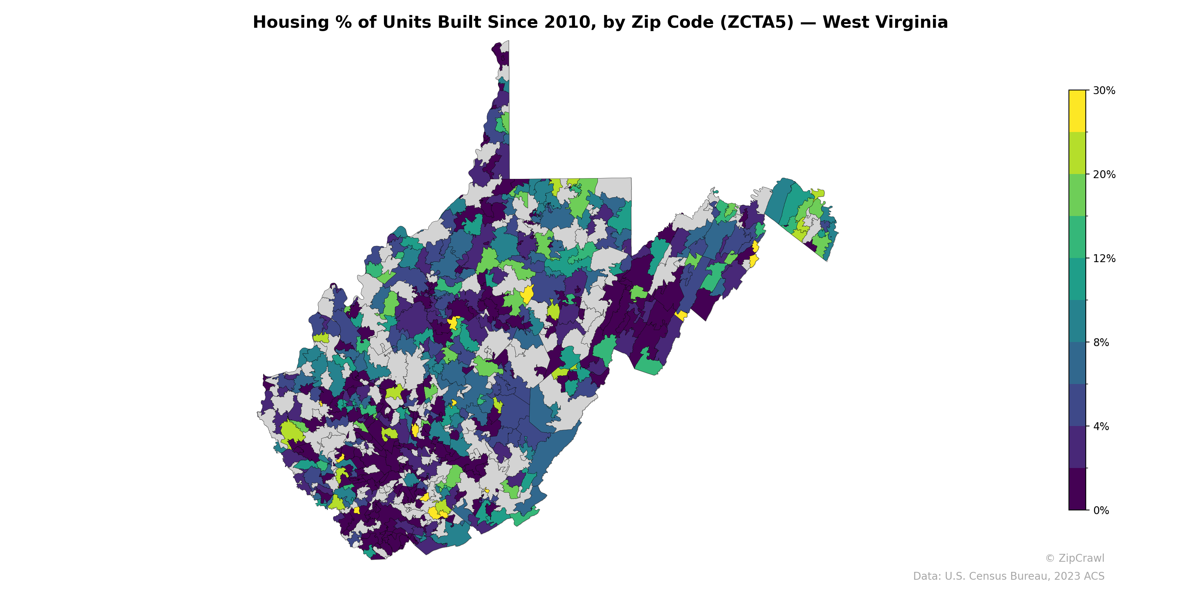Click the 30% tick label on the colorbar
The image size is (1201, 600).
coord(1103,91)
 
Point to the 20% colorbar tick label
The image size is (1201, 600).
coord(1103,175)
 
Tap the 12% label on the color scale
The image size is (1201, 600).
coord(1103,258)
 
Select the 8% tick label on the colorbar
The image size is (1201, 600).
coord(1101,342)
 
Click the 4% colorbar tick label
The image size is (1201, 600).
coord(1101,426)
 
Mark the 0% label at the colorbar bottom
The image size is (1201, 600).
coord(1101,510)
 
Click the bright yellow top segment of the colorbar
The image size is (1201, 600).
coord(1077,111)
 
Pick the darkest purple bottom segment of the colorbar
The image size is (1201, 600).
coord(1077,489)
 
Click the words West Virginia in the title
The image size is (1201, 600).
coord(885,22)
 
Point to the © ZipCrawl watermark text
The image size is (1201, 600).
coord(1074,558)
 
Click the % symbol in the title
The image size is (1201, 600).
coord(344,22)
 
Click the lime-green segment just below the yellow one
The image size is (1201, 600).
coord(1077,153)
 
